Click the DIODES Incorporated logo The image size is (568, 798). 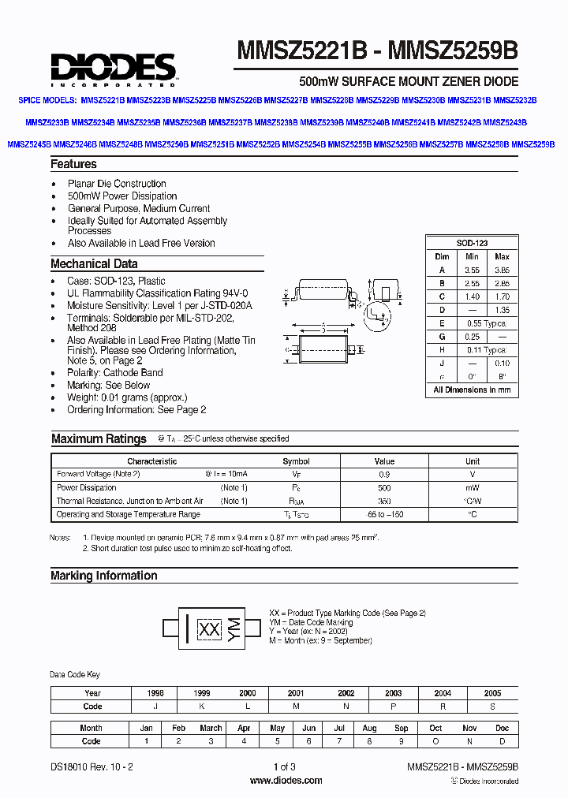114,68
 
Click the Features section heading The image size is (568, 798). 73,164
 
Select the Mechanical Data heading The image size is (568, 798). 94,264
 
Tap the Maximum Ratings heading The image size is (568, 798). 99,439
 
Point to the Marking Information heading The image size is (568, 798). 103,576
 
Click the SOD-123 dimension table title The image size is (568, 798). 472,243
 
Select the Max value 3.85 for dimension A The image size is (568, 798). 502,270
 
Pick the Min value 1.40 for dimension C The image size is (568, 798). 472,296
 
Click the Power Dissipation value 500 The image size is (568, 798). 384,488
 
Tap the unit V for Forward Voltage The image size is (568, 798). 472,475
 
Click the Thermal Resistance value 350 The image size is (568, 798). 384,502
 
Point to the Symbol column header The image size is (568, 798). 296,461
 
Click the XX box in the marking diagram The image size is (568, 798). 209,628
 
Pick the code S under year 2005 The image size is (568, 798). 492,707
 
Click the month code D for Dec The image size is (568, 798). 502,741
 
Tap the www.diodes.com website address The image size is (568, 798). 286,781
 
